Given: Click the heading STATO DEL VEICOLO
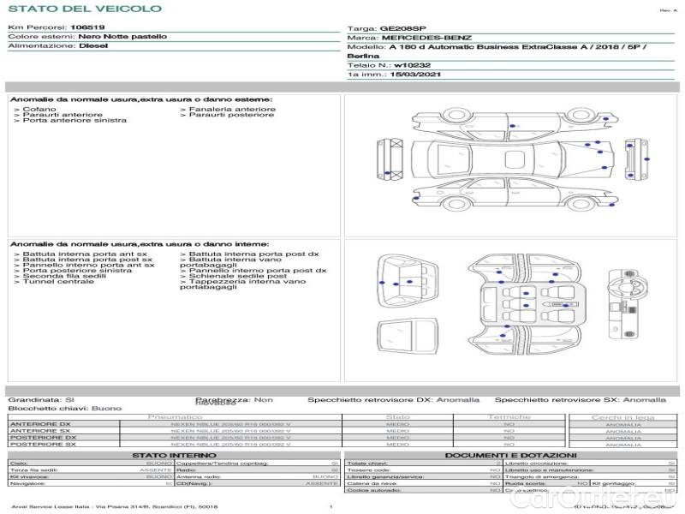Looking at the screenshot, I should [x=84, y=9].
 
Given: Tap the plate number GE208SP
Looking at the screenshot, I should [x=402, y=27].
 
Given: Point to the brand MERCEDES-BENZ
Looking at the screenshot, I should [x=426, y=38].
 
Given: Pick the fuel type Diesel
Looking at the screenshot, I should [x=93, y=46].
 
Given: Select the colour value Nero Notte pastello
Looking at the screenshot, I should [x=123, y=37].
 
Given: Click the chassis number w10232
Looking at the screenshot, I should [x=413, y=65].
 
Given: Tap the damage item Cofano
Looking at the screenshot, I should [x=39, y=110].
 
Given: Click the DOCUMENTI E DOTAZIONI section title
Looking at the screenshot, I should [x=510, y=455].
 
